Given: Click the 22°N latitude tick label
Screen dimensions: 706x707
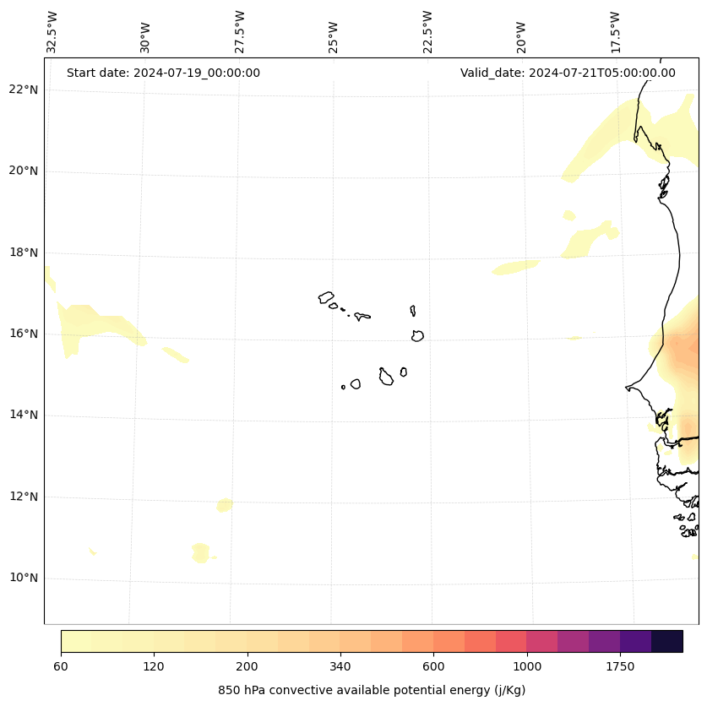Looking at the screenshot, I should pos(24,90).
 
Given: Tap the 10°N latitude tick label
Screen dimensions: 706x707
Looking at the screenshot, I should pos(24,578).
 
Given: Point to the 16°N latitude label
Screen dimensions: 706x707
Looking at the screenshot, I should pos(24,334).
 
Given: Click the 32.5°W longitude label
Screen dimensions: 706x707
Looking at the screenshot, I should pos(52,32).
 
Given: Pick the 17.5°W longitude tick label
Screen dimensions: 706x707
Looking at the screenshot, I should pos(616,32).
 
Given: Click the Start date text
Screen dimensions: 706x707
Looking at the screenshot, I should pos(163,73).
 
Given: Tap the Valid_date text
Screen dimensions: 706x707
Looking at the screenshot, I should pos(568,73).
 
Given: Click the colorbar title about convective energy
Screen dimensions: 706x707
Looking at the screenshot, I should pos(372,690).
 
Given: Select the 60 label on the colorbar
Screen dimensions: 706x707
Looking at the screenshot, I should pos(61,667).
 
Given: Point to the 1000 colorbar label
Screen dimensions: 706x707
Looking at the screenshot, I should pos(527,667).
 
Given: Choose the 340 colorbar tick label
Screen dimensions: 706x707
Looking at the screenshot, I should pos(340,667).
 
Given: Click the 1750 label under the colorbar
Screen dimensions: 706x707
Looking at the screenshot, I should pos(620,667).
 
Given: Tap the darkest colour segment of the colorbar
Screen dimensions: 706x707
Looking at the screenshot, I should pos(667,641).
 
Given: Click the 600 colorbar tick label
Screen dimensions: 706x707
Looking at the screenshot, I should pos(434,667).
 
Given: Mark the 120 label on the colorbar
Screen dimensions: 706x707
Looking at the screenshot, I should pos(154,667).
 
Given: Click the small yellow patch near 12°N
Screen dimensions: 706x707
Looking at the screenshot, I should pos(224,505).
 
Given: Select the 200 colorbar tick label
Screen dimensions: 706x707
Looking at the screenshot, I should pos(247,667).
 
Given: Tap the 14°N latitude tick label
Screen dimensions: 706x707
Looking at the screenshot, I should pos(24,415).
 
